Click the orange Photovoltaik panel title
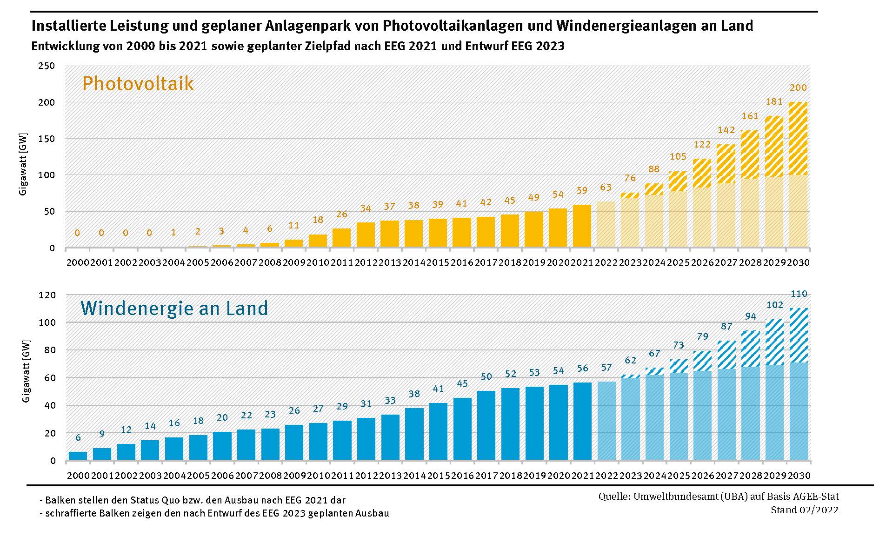tap(138, 84)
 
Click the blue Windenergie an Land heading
tap(174, 309)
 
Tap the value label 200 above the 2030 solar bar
tap(799, 87)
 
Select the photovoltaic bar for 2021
tap(582, 226)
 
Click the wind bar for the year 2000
tap(78, 456)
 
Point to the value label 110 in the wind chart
tap(799, 294)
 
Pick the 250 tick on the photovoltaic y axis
tap(47, 66)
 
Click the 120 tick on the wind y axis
tap(47, 295)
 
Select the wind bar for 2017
tap(486, 425)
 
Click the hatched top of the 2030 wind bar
tap(799, 335)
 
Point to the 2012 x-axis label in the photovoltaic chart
tap(366, 262)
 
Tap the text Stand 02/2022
tap(805, 510)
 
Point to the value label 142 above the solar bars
tap(726, 130)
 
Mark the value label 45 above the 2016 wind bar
tap(462, 383)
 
